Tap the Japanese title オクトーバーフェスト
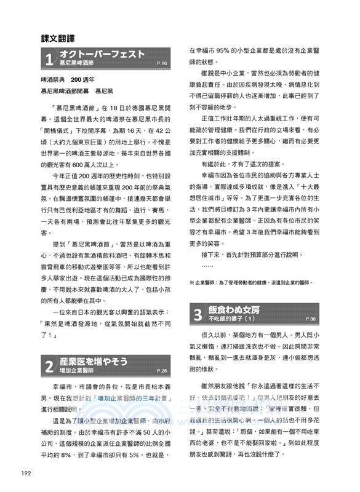102,54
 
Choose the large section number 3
198,315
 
